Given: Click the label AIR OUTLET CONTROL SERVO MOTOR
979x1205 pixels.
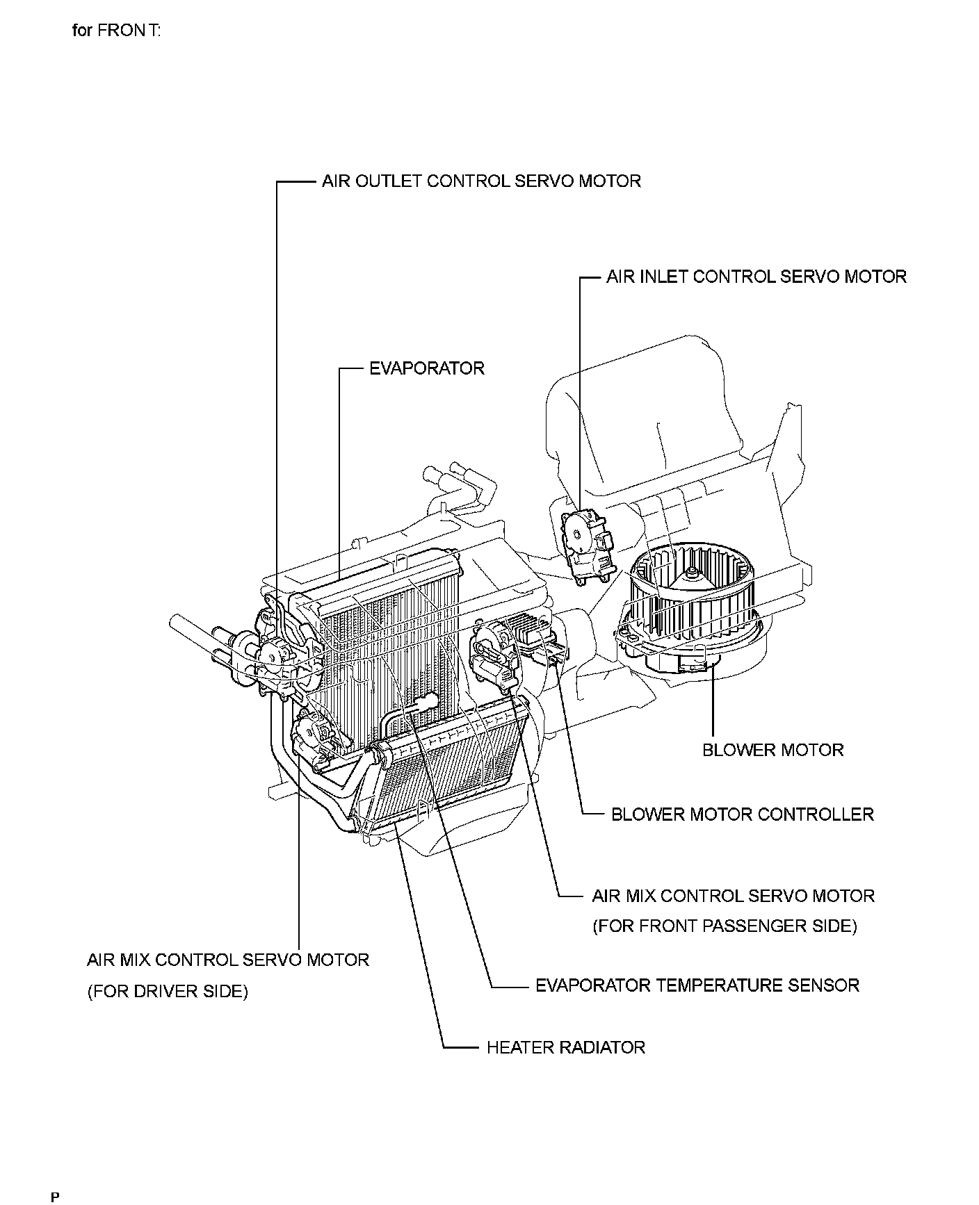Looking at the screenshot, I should pos(480,181).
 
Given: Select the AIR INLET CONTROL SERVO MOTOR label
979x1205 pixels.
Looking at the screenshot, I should pos(756,277).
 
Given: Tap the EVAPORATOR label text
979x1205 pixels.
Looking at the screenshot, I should pos(426,368).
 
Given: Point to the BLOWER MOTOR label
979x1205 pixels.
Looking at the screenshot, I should pos(772,750).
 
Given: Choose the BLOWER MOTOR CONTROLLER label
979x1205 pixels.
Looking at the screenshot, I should pos(742,814).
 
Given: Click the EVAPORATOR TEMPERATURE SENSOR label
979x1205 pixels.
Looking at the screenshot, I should pos(697,985).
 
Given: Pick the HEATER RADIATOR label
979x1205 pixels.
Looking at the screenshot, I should pos(565,1047).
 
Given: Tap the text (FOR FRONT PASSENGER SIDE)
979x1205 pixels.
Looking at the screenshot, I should pos(725,926).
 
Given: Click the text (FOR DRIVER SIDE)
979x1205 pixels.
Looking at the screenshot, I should pos(167,992).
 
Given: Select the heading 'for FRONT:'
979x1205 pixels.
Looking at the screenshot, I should pos(117,31).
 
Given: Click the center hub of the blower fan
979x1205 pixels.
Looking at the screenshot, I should pos(690,573).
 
